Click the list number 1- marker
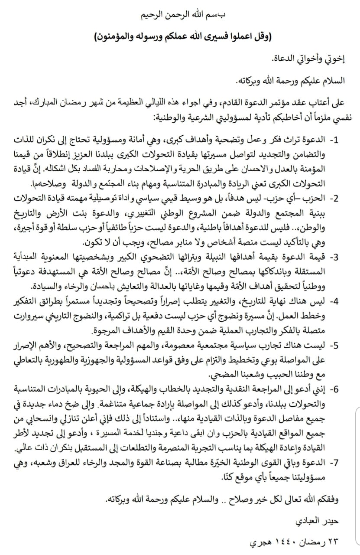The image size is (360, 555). pyautogui.click(x=335, y=141)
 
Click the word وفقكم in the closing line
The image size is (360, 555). pyautogui.click(x=324, y=499)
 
